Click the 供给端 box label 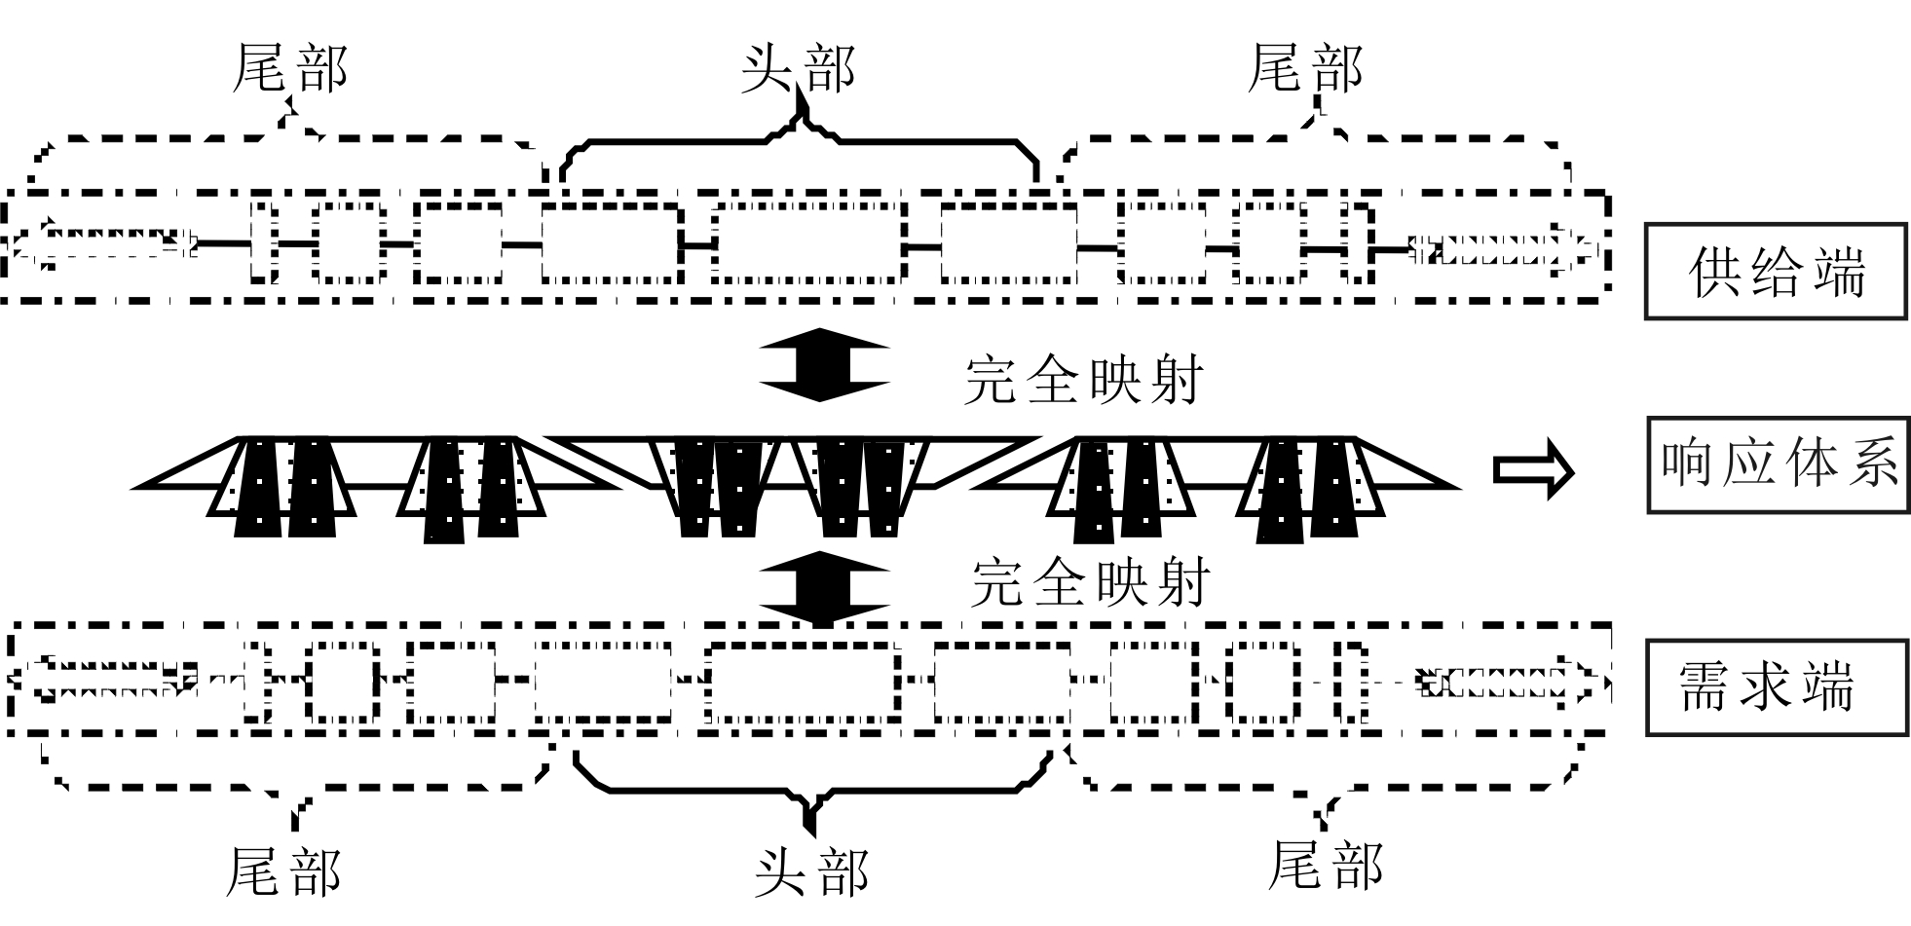(1775, 272)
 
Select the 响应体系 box (1778, 464)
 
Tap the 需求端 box (1777, 687)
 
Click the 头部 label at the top (798, 69)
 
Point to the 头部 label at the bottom (811, 870)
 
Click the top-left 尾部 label (289, 69)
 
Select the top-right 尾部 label (1305, 69)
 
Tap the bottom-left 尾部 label (283, 870)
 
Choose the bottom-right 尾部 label (1326, 864)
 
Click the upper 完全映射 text (1084, 379)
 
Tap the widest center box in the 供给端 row (806, 243)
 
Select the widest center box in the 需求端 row (803, 682)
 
